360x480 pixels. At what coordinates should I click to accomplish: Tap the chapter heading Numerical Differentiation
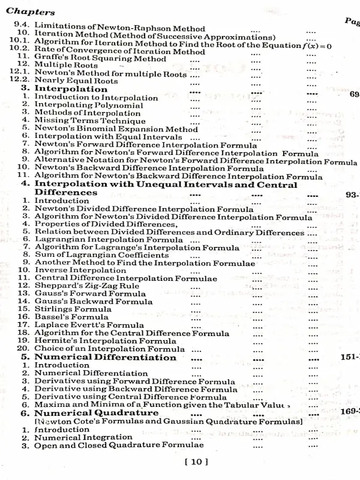[98, 358]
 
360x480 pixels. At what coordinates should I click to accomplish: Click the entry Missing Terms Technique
[81, 120]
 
